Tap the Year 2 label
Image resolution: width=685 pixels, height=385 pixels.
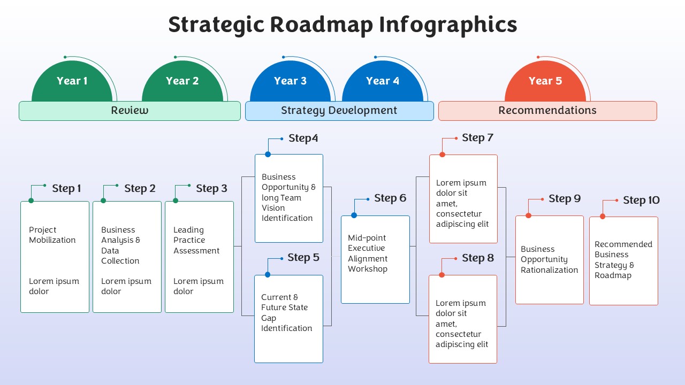(182, 81)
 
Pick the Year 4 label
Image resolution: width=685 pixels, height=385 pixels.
(383, 81)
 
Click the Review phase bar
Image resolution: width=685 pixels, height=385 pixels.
(130, 111)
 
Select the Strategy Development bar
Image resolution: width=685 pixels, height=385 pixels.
(339, 111)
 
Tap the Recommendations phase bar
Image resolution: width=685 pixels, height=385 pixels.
(547, 111)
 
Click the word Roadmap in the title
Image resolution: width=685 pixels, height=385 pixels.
(322, 25)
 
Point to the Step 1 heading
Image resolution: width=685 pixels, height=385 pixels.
(66, 189)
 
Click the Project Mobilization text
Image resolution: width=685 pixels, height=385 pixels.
(52, 235)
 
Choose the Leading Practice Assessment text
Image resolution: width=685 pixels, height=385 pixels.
(196, 240)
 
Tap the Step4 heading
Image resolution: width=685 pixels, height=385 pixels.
(303, 138)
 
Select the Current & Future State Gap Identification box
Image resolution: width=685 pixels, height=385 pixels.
(288, 319)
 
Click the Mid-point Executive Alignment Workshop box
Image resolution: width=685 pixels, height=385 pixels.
(375, 260)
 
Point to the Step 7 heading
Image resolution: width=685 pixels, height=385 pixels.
(477, 138)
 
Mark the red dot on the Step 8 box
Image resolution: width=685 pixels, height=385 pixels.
(442, 275)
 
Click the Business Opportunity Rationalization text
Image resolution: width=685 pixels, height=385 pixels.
(549, 259)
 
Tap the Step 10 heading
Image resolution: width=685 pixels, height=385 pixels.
(641, 201)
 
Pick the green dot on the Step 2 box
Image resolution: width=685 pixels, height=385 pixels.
(103, 201)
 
